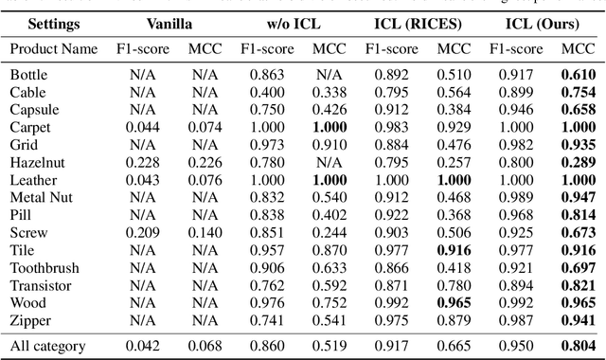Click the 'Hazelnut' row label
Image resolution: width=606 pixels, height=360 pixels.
pos(37,162)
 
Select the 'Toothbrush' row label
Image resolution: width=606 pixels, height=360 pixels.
pos(44,268)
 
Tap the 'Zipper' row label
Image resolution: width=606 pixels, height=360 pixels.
pos(30,321)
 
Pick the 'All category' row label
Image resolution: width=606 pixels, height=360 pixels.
pos(47,347)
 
